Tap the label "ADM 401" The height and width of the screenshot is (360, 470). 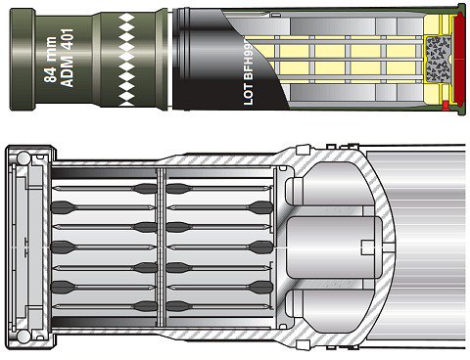pyautogui.click(x=68, y=58)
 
